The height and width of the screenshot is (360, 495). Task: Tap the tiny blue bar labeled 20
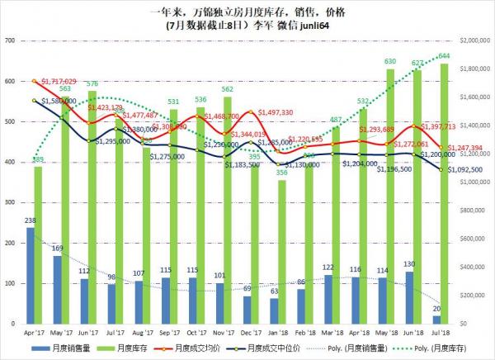[436, 319]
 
